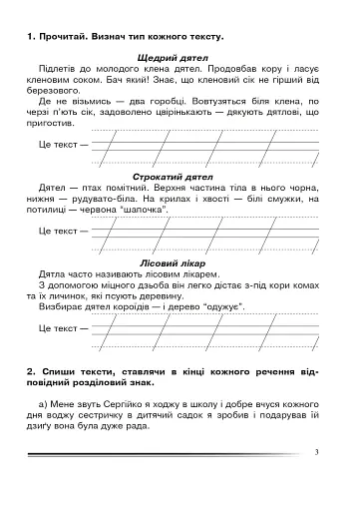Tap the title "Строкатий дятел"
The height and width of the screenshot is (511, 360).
point(180,176)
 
